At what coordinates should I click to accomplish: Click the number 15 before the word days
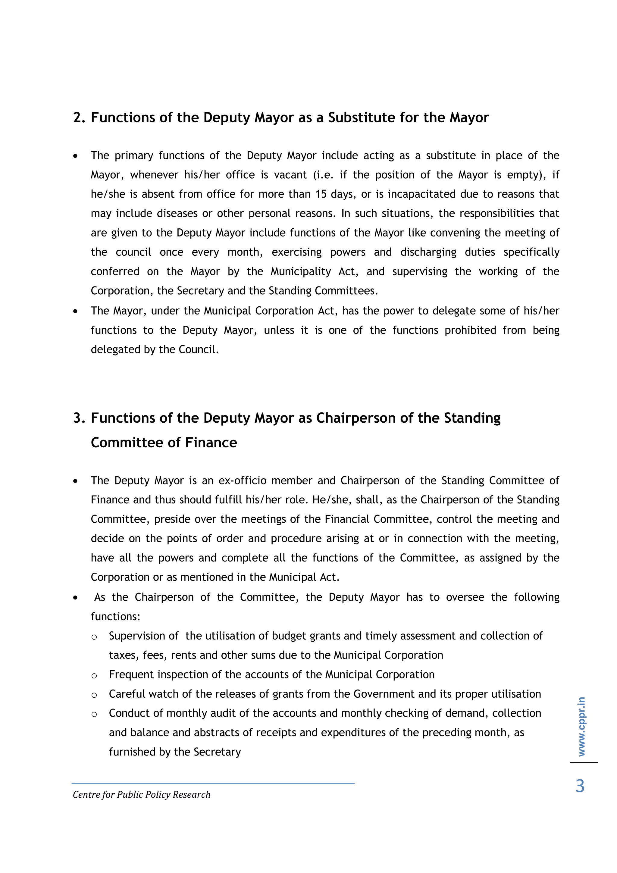click(321, 194)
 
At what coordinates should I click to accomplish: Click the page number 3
click(580, 786)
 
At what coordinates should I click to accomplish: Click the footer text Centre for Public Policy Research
click(141, 794)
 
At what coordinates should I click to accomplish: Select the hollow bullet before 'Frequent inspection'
click(94, 676)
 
